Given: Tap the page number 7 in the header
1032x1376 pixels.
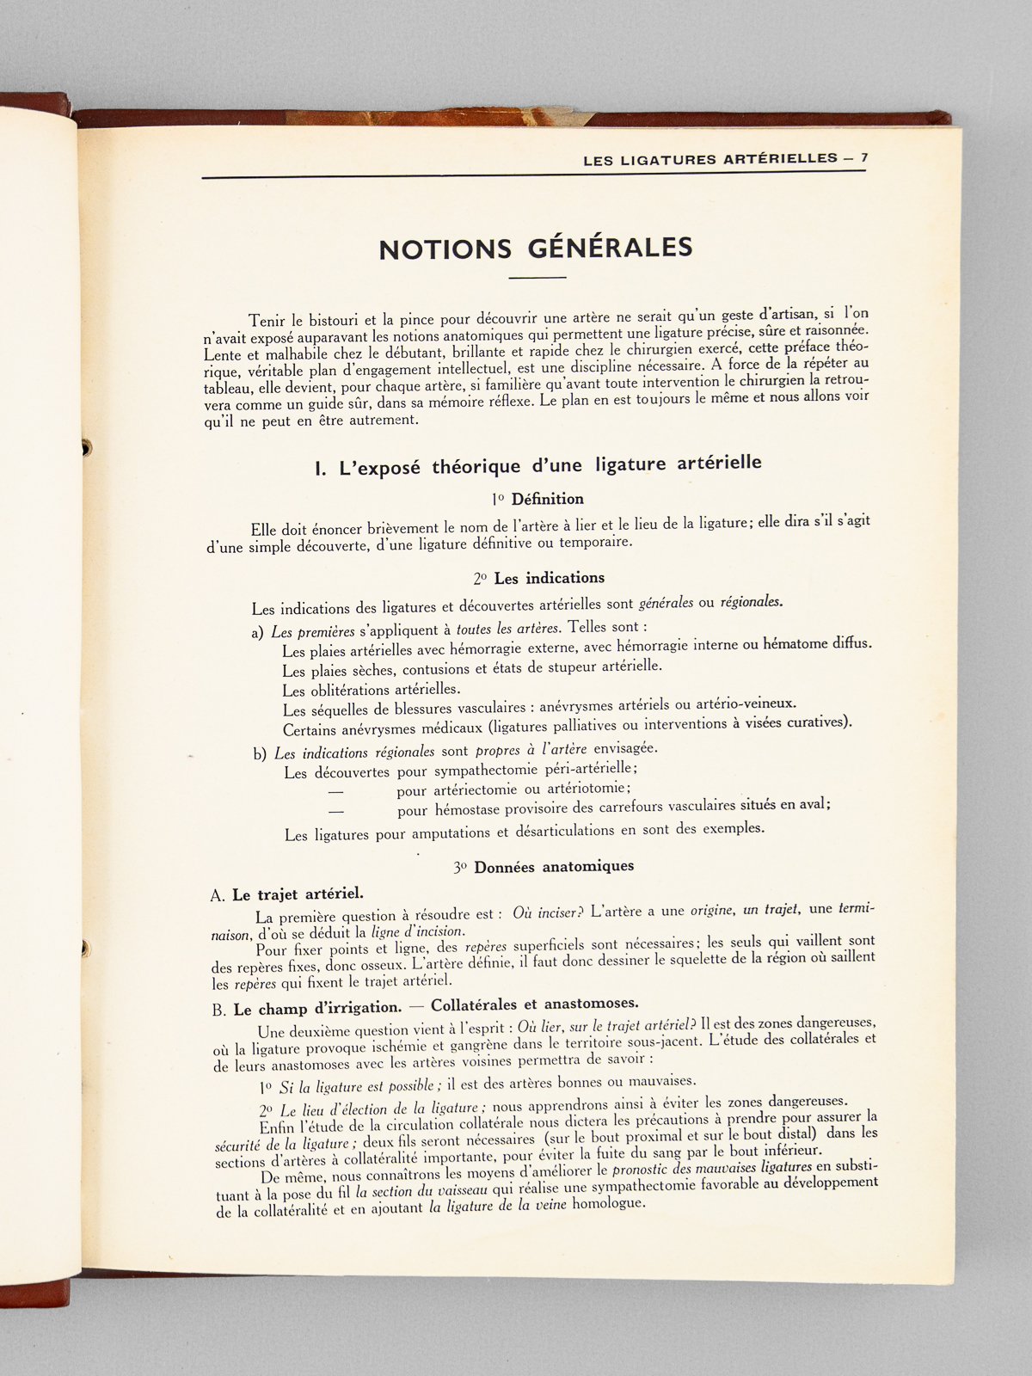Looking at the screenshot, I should (863, 158).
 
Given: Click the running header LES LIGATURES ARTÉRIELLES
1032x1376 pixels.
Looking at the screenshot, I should (709, 159).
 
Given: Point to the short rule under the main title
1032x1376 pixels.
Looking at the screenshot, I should (537, 278).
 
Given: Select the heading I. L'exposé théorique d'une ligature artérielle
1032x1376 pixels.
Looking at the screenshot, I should (538, 465).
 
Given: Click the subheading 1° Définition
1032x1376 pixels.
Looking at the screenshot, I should (537, 499).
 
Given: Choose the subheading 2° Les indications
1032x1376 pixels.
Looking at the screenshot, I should (538, 578).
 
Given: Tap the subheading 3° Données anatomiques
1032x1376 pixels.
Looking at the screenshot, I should (544, 866).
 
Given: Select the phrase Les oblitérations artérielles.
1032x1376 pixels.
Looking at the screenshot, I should (372, 689).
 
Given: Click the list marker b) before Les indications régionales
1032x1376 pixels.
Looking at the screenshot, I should (260, 754).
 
